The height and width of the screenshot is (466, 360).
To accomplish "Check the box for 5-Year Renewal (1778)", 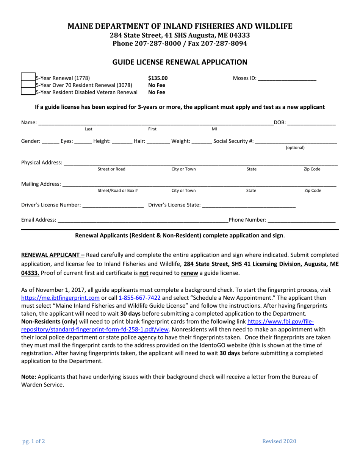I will point(28,78).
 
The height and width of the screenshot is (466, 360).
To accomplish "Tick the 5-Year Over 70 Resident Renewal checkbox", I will point(28,85).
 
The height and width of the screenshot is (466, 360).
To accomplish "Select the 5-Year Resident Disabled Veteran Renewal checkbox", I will point(28,92).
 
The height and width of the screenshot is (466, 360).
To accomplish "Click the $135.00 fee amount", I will point(158,78).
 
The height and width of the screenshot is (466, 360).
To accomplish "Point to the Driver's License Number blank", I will point(113,205).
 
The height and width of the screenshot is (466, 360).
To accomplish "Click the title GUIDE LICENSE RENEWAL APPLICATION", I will point(180,62).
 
